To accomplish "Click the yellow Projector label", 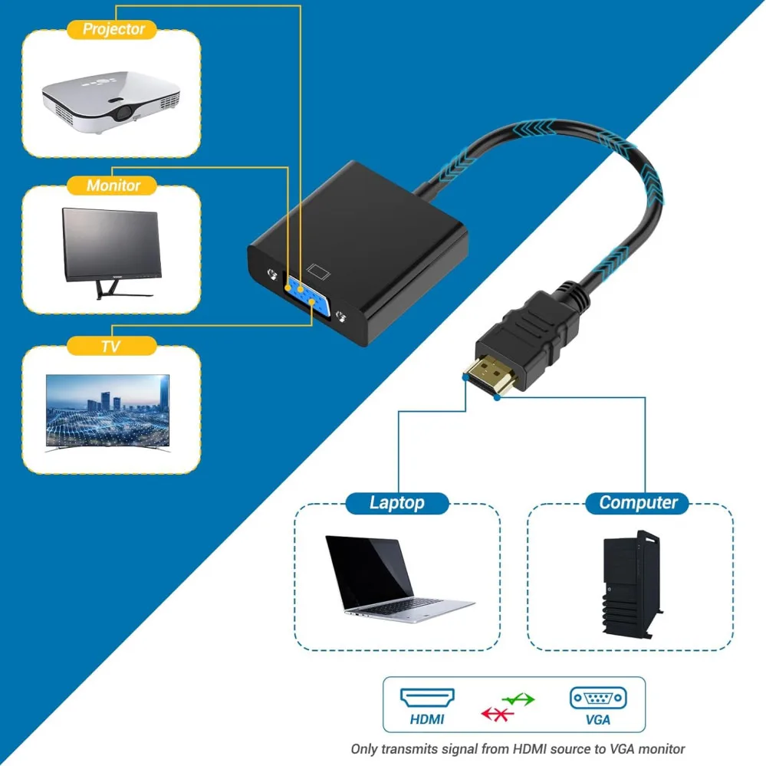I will [x=113, y=30].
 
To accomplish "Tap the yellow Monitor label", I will [x=113, y=186].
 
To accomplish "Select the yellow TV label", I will [x=110, y=347].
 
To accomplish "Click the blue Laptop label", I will [x=396, y=503].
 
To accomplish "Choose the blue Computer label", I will [x=638, y=503].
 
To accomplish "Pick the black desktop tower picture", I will [x=630, y=584].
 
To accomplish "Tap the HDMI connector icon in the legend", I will [x=426, y=698].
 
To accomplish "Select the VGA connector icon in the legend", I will [x=597, y=698].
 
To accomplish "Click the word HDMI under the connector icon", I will [x=426, y=720].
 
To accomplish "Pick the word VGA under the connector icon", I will [x=597, y=720].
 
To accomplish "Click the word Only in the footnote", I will [x=366, y=749].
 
